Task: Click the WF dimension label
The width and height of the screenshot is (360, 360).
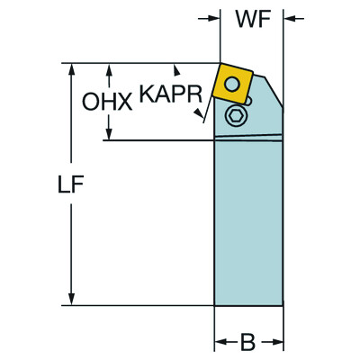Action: coord(254,20)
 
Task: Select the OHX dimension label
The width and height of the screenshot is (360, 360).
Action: coord(107,102)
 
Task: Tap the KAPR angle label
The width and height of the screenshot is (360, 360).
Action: coord(171,94)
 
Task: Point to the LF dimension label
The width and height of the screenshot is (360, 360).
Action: coord(70,184)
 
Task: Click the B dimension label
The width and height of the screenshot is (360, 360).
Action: coord(247,342)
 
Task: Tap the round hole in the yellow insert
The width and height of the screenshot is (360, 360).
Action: coord(232,84)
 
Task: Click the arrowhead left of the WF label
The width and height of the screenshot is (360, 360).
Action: coord(214,19)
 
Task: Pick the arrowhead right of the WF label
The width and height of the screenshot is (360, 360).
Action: coord(290,19)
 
